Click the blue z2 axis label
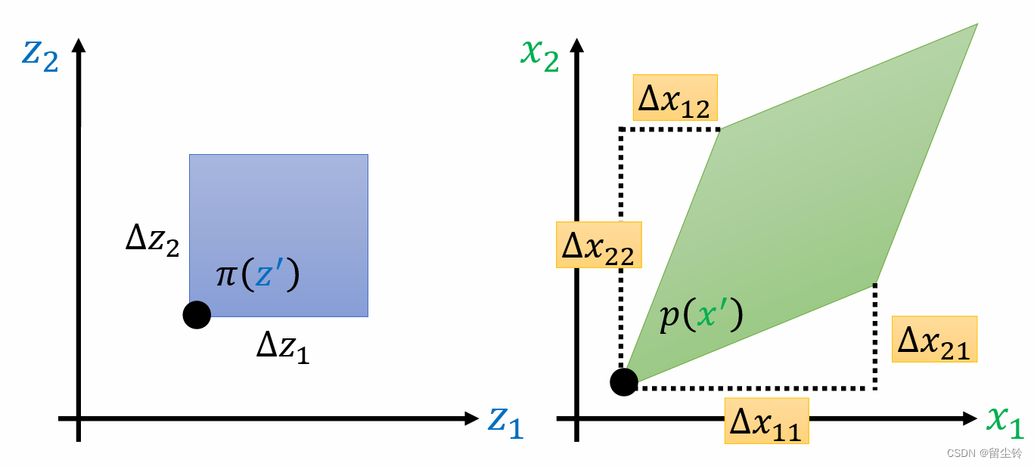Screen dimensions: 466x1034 (40, 56)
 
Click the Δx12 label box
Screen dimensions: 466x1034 (675, 97)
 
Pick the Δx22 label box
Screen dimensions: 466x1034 (598, 245)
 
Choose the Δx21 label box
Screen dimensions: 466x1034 (934, 339)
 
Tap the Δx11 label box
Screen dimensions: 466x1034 (766, 421)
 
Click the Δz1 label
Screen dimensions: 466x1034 (283, 347)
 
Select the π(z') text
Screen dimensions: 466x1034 (258, 275)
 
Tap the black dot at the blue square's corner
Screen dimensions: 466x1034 (197, 314)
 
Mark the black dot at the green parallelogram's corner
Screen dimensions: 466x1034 (624, 382)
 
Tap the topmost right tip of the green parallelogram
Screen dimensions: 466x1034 (977, 24)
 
